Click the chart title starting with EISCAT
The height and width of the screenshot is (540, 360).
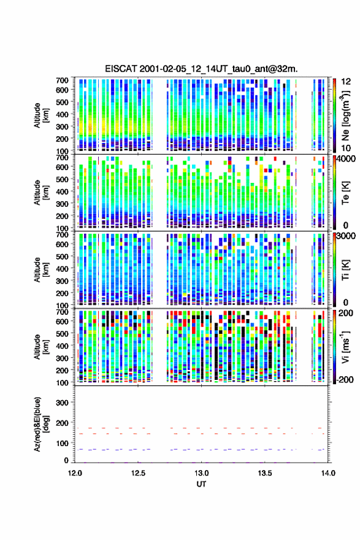coord(201,69)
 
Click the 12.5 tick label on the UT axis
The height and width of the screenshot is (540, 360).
coord(138,473)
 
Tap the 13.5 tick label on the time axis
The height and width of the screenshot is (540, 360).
coord(265,473)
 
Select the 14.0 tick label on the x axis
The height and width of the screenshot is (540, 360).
coord(328,473)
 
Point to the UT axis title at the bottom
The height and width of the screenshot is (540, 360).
coord(201,484)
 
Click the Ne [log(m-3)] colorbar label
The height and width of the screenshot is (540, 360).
coord(345,116)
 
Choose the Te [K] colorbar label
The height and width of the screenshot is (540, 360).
coord(345,193)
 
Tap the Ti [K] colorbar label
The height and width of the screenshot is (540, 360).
coord(345,270)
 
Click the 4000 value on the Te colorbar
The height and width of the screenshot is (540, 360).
coord(346,159)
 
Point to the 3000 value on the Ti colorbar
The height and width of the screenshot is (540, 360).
coord(346,236)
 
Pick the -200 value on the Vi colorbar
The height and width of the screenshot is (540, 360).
coord(344,379)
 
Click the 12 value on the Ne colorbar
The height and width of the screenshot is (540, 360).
coord(346,82)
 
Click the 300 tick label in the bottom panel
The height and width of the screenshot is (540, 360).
coord(62,403)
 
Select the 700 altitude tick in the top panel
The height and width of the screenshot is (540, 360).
coord(62,80)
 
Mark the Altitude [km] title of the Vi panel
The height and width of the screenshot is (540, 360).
coord(41,347)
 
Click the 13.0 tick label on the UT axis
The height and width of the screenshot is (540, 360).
coord(201,473)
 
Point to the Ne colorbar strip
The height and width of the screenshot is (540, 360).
coord(334,115)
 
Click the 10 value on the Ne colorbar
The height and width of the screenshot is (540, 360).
coord(346,148)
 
